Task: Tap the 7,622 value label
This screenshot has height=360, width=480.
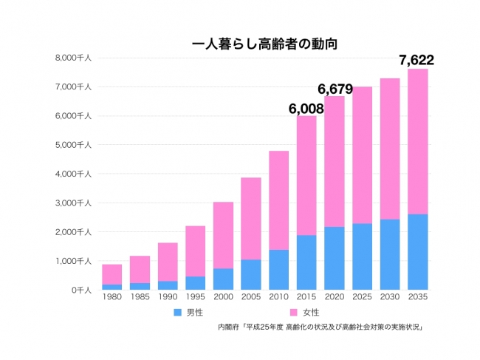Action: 417,60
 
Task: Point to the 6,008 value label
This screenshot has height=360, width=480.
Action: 306,109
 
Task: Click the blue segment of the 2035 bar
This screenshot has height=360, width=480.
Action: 417,252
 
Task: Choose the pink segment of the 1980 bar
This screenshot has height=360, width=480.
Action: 112,274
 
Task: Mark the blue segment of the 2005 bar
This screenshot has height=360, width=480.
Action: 250,274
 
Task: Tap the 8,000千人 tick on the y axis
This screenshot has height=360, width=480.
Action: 73,58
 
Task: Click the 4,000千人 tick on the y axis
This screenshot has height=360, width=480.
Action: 73,174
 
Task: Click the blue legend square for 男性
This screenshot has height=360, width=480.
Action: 177,313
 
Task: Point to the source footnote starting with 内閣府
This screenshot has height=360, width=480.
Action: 324,326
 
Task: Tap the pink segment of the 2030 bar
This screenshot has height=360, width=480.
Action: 389,149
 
